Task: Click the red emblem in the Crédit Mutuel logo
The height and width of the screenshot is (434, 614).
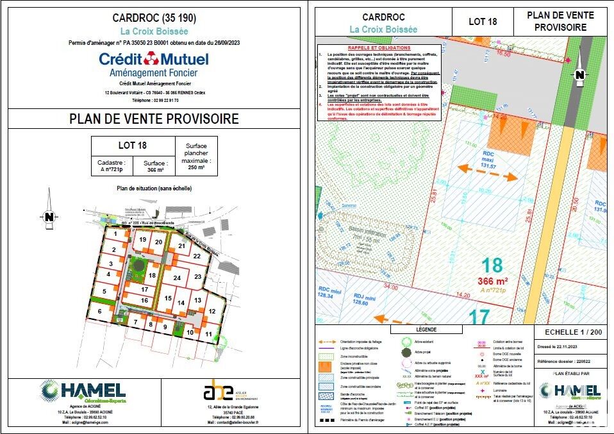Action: coord(152,60)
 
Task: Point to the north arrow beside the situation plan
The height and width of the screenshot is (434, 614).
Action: coord(49,217)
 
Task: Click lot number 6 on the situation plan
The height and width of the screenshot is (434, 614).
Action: coord(99,311)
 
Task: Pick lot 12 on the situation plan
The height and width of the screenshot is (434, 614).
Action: coord(210,311)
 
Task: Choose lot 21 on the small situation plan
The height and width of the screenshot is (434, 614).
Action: coord(182,246)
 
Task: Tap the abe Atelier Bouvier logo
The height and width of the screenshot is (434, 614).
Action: coord(215,390)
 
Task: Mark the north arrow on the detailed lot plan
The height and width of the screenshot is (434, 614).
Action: coord(579,75)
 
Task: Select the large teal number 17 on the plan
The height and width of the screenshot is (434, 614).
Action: coord(479,317)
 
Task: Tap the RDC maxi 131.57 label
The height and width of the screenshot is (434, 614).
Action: coord(489,160)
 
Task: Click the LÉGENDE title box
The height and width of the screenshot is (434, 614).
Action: coord(427,329)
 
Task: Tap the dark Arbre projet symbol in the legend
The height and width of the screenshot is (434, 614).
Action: coord(406,353)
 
